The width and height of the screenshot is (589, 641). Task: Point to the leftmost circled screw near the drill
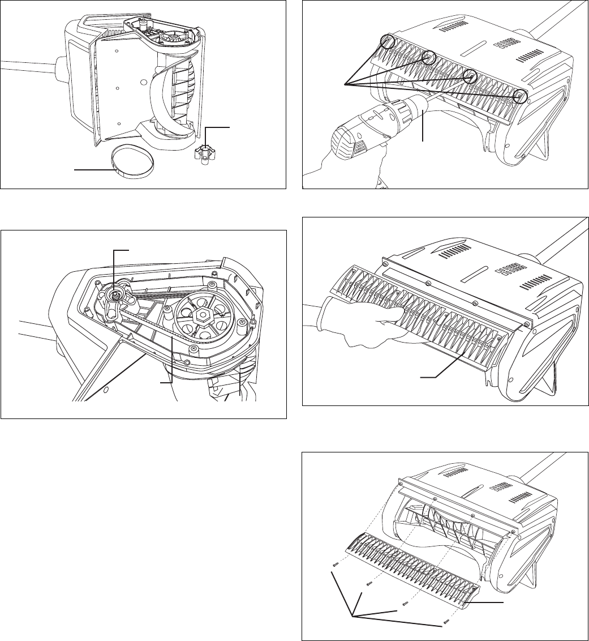388,40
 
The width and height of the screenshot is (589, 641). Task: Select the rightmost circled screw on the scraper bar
522,97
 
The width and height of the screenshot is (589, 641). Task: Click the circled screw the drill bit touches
470,76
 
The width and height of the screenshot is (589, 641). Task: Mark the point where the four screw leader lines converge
344,84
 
